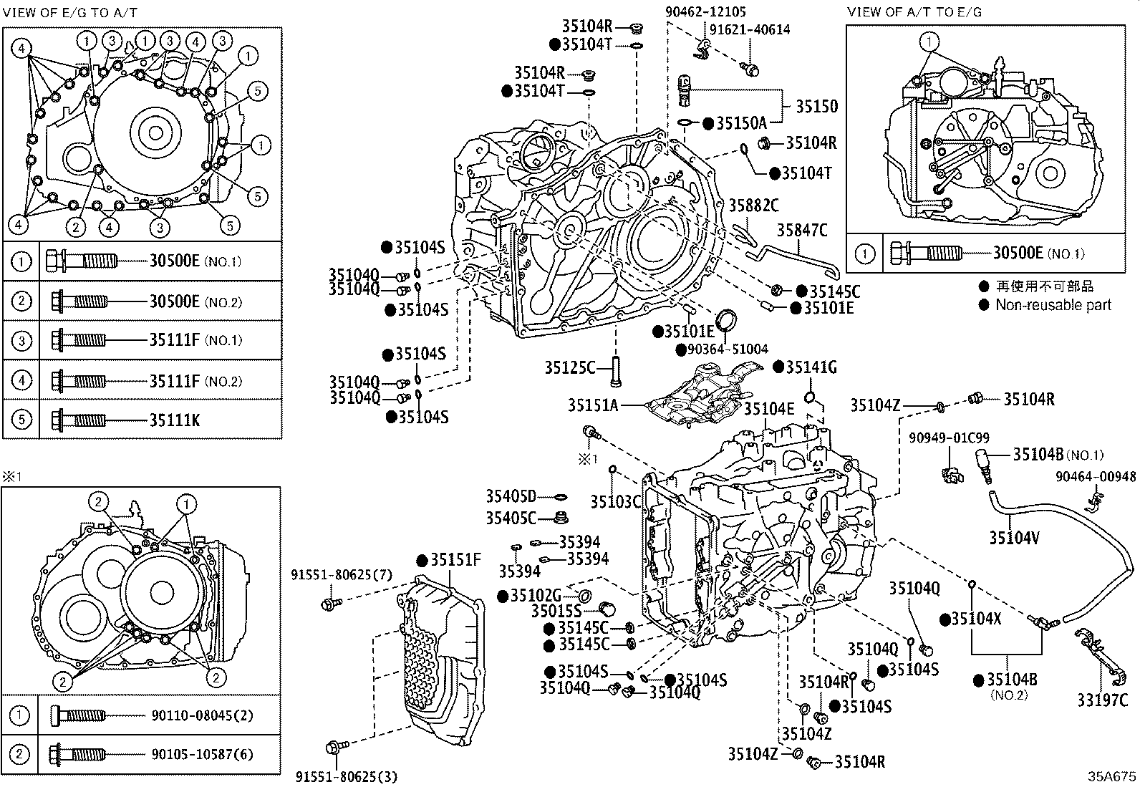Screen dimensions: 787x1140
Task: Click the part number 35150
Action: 816,106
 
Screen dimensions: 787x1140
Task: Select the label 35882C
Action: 753,206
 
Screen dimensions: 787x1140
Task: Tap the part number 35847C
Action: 802,230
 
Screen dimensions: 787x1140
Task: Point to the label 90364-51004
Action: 723,349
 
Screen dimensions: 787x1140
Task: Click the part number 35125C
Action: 570,368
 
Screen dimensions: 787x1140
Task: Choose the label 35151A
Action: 593,405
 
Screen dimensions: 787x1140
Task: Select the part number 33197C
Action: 1103,700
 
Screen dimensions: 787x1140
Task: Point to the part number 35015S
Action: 557,611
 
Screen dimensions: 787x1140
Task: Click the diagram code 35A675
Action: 1112,776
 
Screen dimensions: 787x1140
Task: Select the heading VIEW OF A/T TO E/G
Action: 914,11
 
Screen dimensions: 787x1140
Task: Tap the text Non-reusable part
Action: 1053,304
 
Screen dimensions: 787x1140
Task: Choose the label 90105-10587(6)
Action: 202,754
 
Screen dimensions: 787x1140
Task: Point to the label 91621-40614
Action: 750,29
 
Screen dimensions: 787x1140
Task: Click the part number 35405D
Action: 511,496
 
